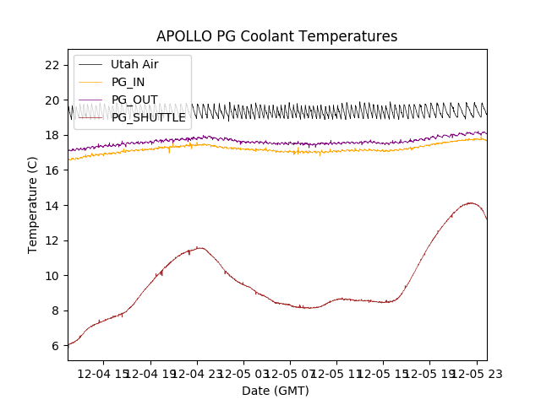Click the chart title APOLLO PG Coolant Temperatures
[x=276, y=37]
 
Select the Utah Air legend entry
[x=134, y=64]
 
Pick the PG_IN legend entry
[x=128, y=82]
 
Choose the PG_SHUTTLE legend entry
[x=148, y=117]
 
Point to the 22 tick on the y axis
[x=52, y=65]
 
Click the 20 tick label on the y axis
[x=52, y=100]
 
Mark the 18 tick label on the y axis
[x=52, y=135]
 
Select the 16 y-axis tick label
[x=52, y=170]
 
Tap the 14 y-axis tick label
[x=52, y=205]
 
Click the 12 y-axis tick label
[x=52, y=240]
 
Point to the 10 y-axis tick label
[x=52, y=276]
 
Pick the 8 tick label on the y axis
[x=56, y=310]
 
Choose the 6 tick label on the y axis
[x=56, y=346]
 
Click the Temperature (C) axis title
[x=33, y=204]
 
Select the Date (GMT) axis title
[x=276, y=391]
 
